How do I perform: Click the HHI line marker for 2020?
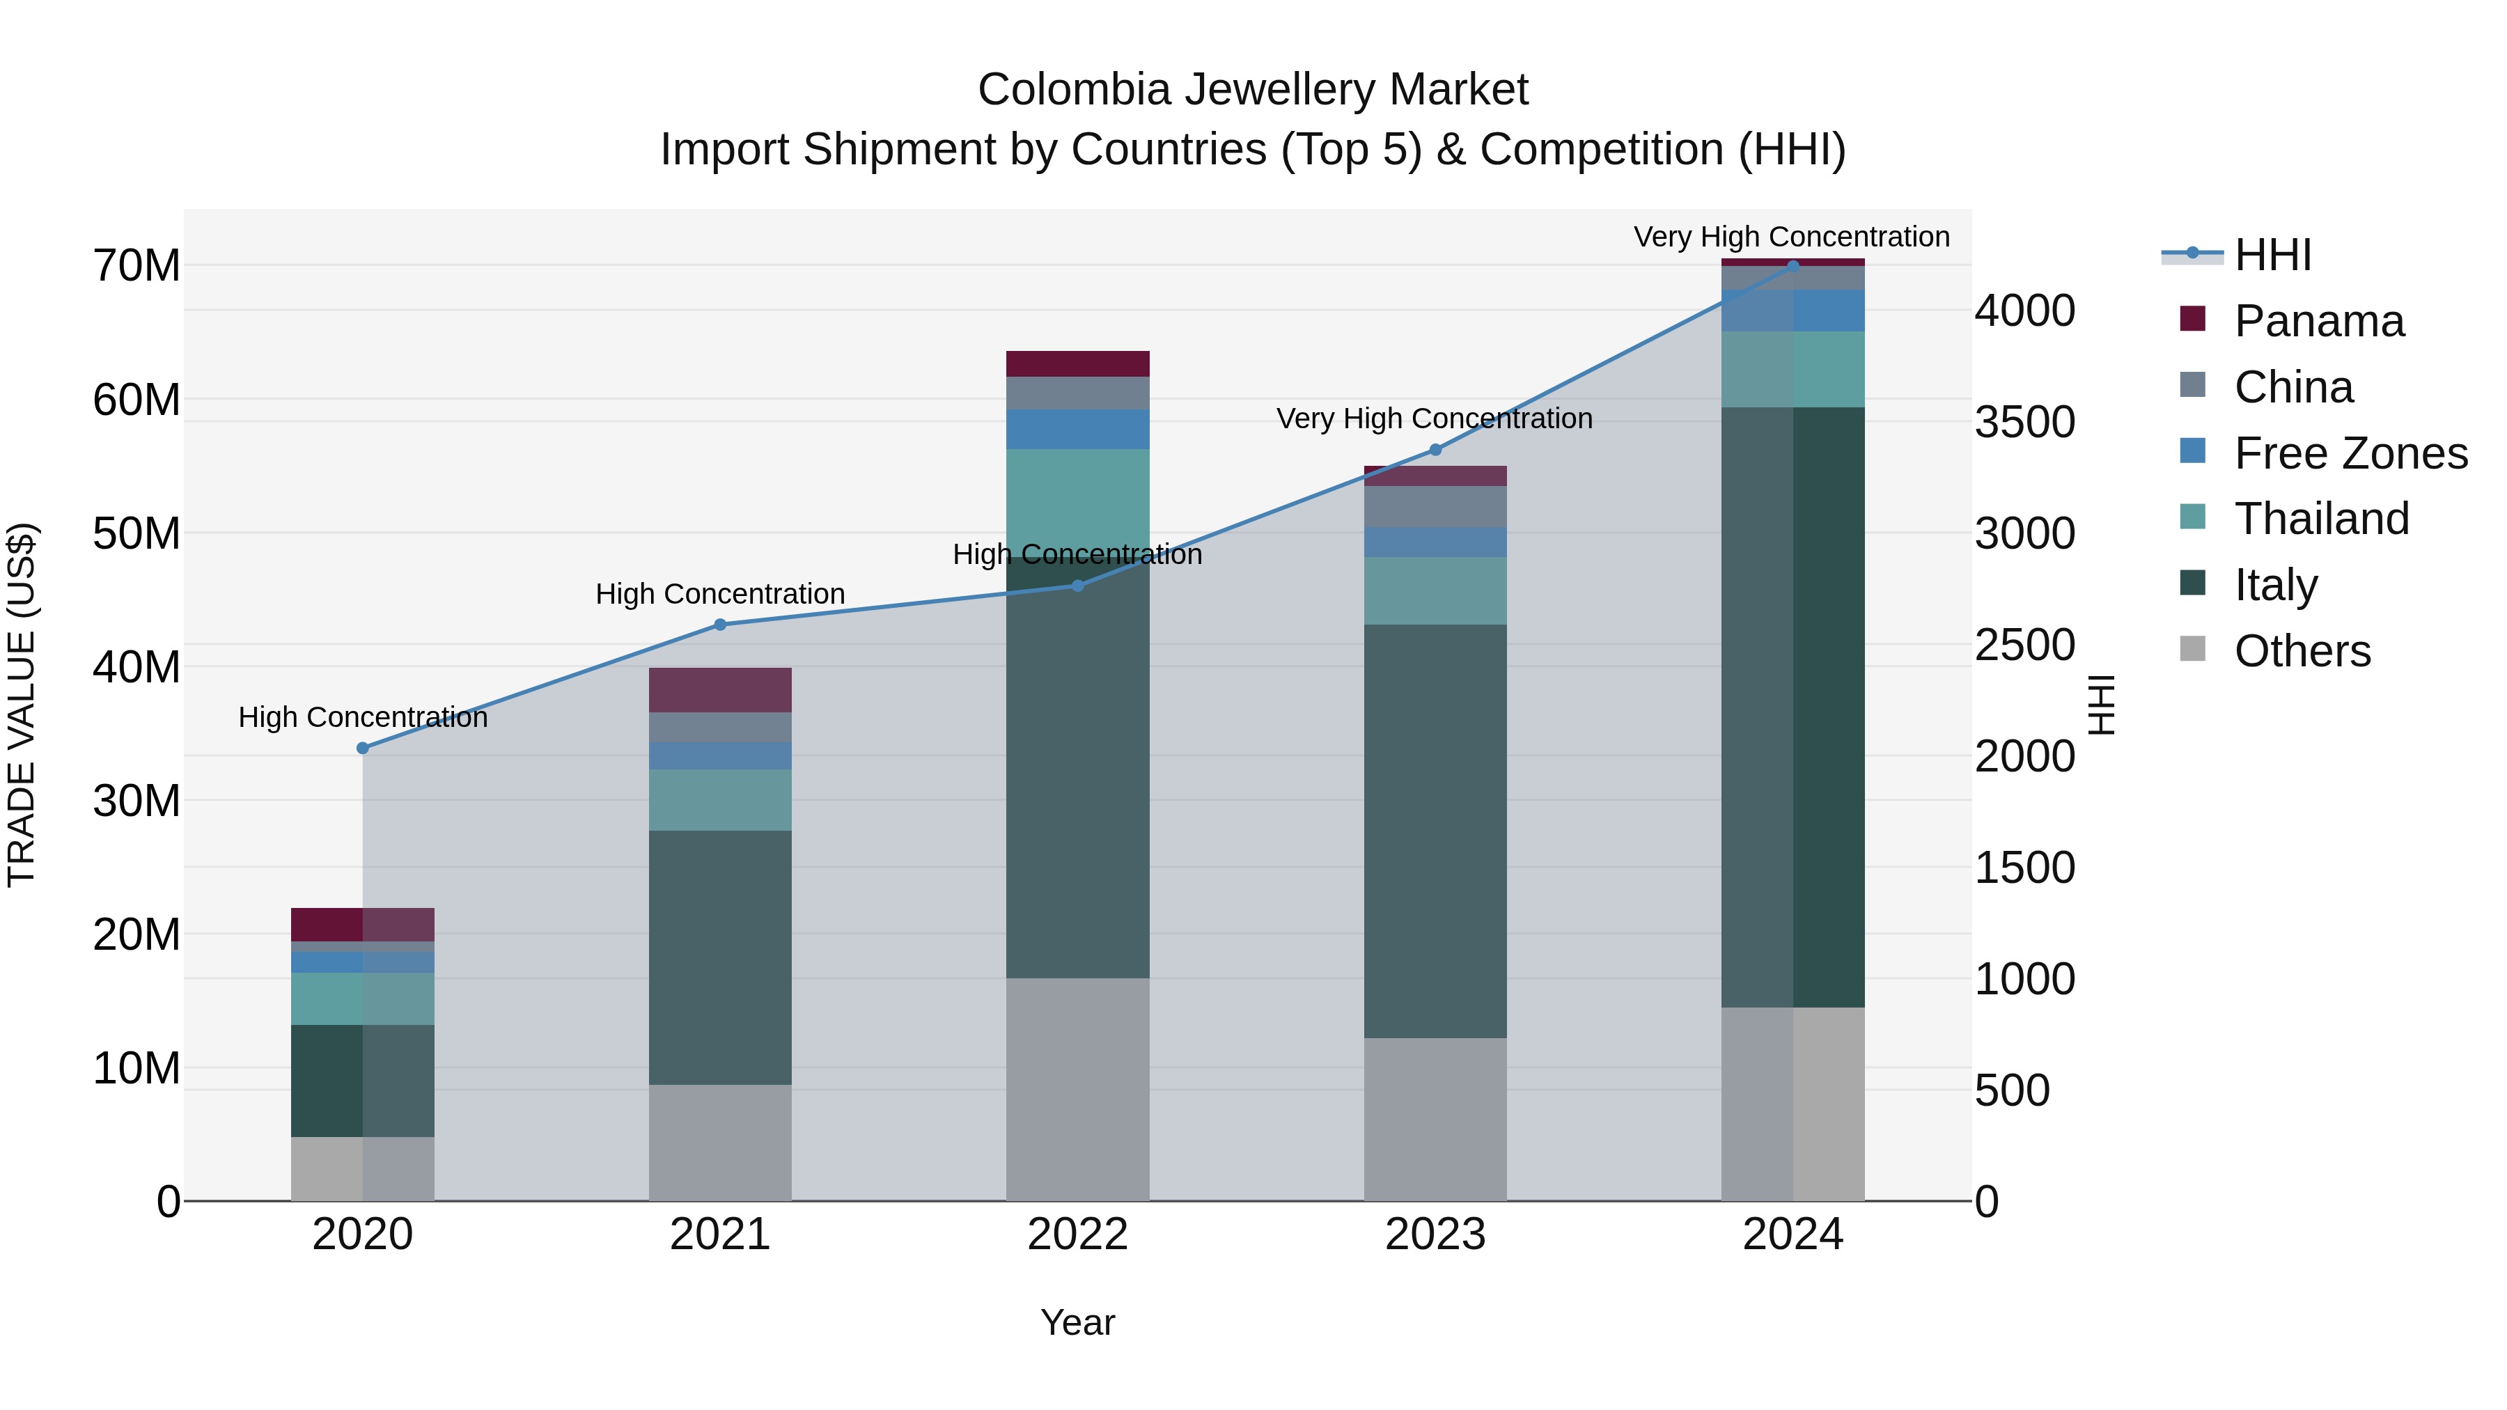click(x=363, y=749)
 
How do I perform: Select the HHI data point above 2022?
click(x=1077, y=586)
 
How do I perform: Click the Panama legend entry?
click(x=2318, y=321)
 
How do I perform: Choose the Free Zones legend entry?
click(x=2350, y=453)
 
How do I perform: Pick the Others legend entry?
click(x=2302, y=651)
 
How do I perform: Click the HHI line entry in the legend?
click(x=2272, y=255)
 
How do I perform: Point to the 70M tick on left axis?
click(x=136, y=266)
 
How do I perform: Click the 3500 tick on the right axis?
click(x=2024, y=423)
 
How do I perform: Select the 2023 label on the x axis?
click(x=1435, y=1235)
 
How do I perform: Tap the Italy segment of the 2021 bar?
click(x=720, y=957)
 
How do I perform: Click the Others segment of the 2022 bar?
click(x=1077, y=1089)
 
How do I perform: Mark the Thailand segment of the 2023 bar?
click(x=1435, y=590)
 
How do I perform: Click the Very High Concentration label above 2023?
click(x=1435, y=418)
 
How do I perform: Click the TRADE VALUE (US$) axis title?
click(x=22, y=705)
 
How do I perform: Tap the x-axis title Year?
click(x=1077, y=1322)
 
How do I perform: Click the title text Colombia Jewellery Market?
click(x=1253, y=90)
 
